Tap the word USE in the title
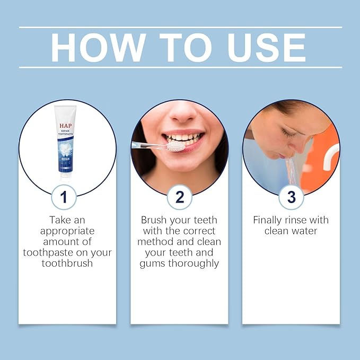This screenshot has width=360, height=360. pos(267,48)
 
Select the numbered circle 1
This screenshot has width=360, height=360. pos(64,197)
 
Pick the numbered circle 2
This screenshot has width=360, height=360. pos(180,197)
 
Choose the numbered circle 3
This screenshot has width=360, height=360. pos(291,197)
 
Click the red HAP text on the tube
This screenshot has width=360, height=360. pos(66,126)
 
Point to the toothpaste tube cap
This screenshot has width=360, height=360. pos(65,177)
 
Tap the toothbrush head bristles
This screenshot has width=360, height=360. pos(175,146)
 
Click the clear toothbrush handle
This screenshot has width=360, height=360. pos(149,145)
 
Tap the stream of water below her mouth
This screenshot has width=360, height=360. pos(291,171)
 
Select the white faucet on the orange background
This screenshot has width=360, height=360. pos(331,156)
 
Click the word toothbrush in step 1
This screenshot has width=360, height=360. pos(67,264)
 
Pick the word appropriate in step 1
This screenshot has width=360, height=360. pos(67,231)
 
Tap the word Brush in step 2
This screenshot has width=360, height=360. pos(154,220)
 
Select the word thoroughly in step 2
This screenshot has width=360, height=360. pos(194,264)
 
